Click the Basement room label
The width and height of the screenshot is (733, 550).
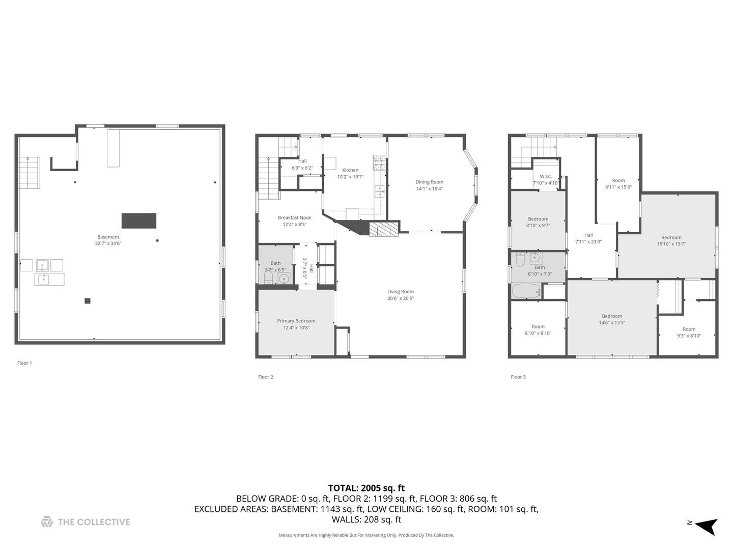coord(108,237)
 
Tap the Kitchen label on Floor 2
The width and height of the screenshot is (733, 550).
coord(350,170)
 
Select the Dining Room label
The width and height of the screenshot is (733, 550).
coord(429,182)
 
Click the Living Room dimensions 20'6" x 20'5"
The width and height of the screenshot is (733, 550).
coord(400,298)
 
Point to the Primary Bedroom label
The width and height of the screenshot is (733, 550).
coord(296,321)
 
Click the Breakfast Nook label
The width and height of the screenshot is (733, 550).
coord(294,217)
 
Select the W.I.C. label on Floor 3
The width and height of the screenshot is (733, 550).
coord(546,176)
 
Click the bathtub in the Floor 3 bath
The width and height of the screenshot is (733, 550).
coord(526,291)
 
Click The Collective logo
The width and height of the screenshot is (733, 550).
coord(86,522)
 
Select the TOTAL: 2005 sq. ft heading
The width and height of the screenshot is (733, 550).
coord(366,488)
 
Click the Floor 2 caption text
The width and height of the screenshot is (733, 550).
coord(265,377)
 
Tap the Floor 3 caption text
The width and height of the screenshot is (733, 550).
coord(518,377)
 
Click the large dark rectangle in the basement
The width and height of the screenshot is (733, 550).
coord(138,221)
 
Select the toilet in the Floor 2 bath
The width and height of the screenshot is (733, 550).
coord(268,277)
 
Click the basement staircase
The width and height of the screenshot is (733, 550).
coord(29,173)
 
